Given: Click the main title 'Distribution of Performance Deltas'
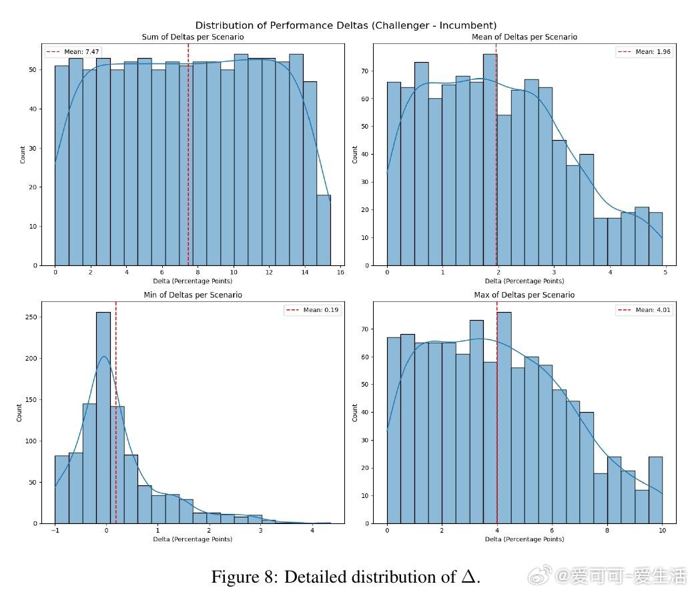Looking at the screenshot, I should (346, 26).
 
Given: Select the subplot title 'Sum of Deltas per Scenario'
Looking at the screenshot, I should (193, 37).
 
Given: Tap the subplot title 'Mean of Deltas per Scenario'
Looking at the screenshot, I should (525, 37).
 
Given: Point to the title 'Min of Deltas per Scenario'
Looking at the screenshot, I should (193, 295).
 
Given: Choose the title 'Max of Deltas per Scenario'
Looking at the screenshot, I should (525, 295).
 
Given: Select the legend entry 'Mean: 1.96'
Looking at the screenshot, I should (645, 51).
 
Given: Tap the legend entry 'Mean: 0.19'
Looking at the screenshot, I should (312, 309).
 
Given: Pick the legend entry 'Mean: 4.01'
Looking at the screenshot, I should (645, 309).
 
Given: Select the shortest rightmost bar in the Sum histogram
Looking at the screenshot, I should (324, 230).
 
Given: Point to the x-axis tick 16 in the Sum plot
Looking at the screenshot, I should (340, 273).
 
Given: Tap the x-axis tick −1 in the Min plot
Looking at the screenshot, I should (55, 531).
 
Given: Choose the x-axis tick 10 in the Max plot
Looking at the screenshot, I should (662, 531).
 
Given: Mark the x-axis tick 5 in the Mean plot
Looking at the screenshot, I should (665, 273).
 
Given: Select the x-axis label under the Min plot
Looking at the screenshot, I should (193, 539).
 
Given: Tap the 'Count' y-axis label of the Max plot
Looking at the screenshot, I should (355, 412).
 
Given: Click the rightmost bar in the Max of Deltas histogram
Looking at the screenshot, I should (655, 490).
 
